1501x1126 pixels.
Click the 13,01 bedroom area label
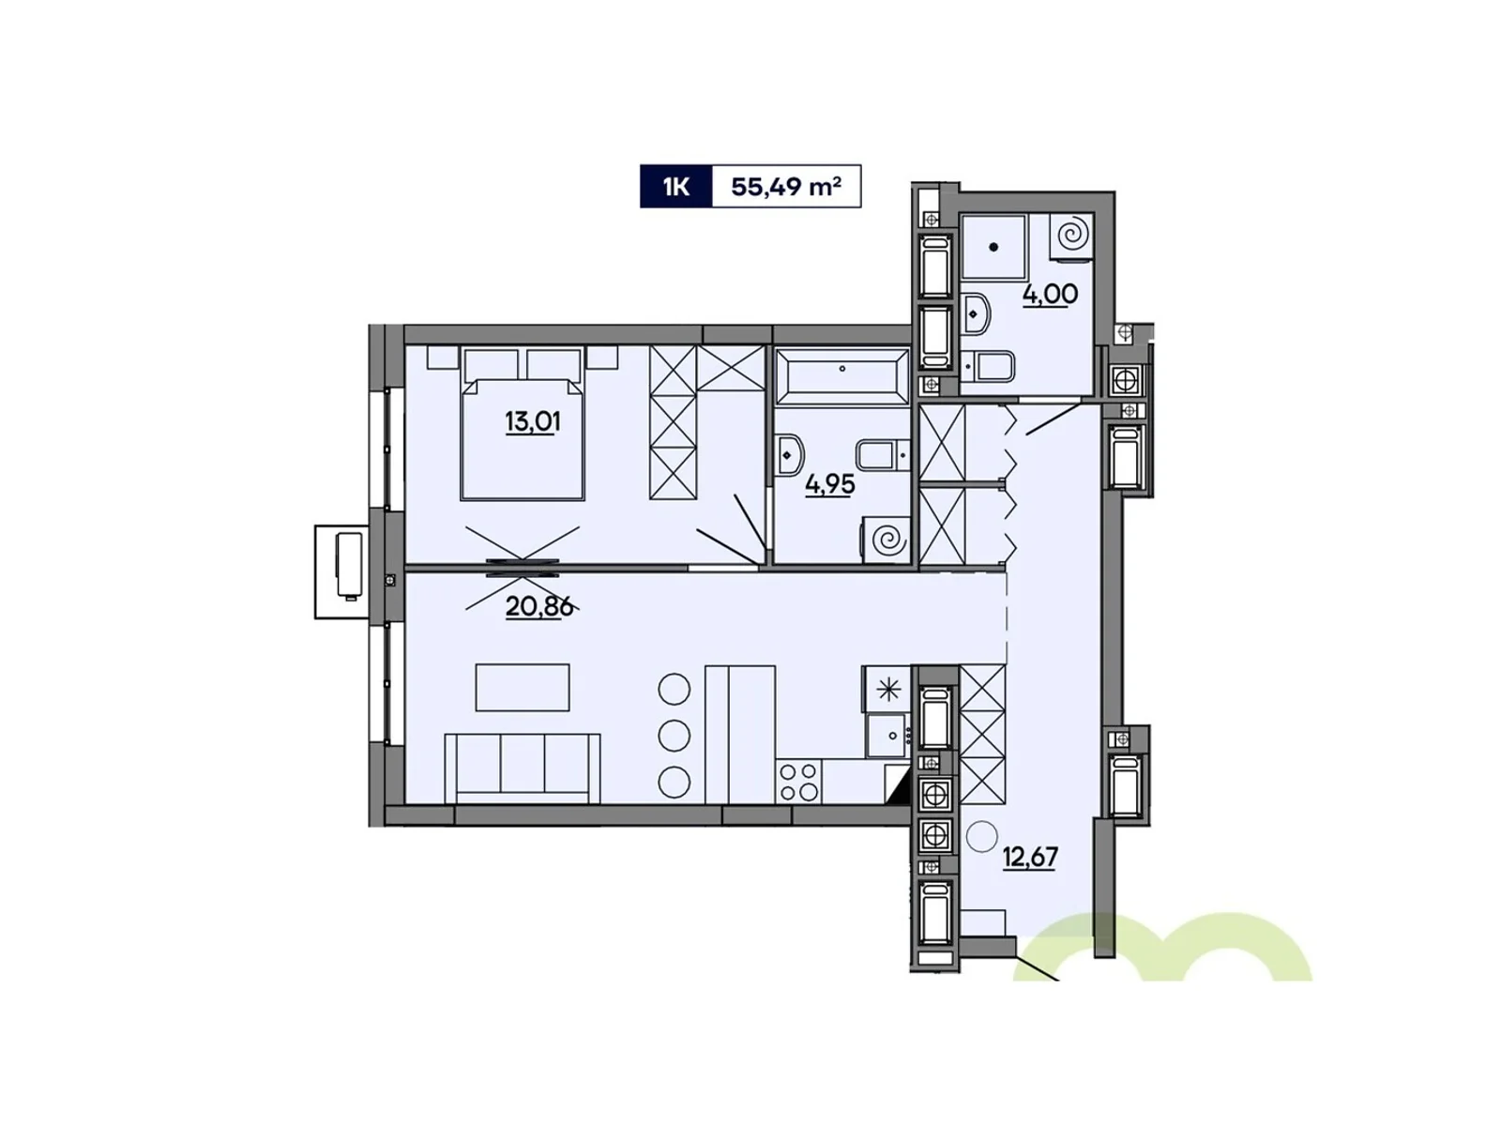point(532,422)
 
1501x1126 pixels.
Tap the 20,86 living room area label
point(538,606)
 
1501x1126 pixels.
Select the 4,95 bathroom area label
point(829,485)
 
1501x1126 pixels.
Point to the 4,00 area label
point(1050,295)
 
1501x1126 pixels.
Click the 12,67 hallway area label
point(1030,856)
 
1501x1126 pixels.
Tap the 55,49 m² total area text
point(786,187)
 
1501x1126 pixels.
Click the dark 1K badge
point(675,186)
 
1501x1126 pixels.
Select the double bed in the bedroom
point(523,424)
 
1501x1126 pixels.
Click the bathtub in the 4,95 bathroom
point(841,375)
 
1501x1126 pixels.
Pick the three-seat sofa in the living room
point(523,768)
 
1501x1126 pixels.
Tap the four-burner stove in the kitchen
point(798,782)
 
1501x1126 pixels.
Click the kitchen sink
point(887,736)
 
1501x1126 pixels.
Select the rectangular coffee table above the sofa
point(523,688)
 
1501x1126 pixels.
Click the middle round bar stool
point(674,736)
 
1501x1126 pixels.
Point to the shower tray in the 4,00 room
point(993,247)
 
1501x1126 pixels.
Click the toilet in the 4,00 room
point(989,367)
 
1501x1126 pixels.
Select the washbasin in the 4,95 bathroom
point(790,455)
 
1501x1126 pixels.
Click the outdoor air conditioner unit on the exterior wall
point(341,572)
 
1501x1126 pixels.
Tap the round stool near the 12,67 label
point(981,835)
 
